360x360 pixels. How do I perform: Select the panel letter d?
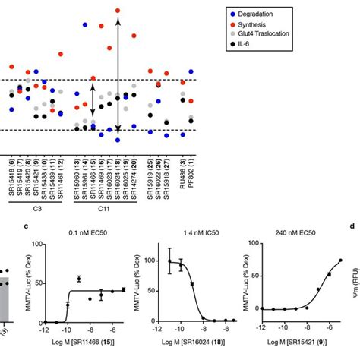[352, 226]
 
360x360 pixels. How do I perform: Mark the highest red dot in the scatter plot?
[118, 11]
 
